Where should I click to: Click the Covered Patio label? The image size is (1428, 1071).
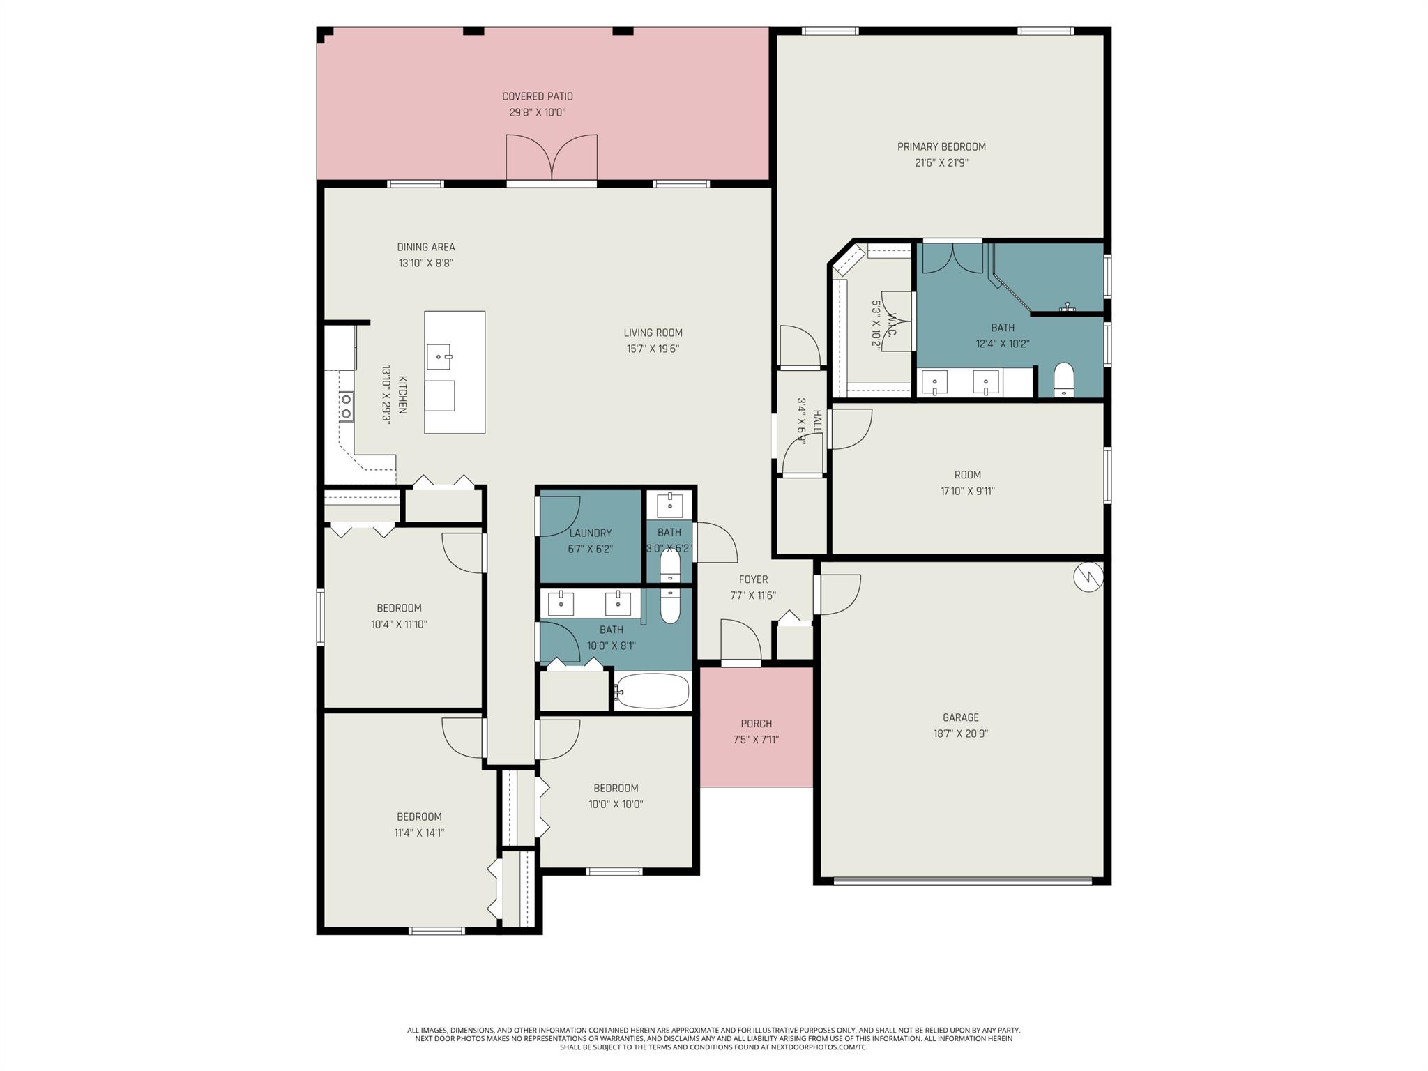click(538, 96)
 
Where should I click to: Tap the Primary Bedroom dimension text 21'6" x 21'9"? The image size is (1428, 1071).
click(941, 163)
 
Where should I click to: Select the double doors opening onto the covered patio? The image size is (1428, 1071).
click(552, 159)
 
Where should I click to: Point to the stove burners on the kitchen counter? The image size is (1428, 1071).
click(345, 406)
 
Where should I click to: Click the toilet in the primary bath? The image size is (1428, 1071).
click(1063, 379)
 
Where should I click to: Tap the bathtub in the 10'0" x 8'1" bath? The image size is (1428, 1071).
click(653, 691)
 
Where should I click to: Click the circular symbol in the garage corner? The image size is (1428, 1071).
click(1088, 577)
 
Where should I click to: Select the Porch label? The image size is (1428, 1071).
click(756, 724)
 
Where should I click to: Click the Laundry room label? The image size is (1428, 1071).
click(590, 533)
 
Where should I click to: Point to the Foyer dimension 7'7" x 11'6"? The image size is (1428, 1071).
click(753, 595)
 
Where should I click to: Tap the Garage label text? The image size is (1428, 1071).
click(960, 717)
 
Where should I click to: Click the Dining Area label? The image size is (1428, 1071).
click(426, 247)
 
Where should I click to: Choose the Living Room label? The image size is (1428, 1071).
click(653, 333)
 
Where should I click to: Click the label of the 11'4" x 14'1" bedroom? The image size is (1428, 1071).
click(419, 816)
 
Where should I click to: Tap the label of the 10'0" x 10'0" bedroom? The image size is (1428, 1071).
click(616, 788)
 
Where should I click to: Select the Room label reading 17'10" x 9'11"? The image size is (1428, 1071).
click(967, 475)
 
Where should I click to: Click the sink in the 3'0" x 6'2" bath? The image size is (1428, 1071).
click(670, 504)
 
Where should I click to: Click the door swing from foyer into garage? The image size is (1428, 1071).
click(839, 593)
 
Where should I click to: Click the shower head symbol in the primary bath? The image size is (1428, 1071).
click(1068, 307)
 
